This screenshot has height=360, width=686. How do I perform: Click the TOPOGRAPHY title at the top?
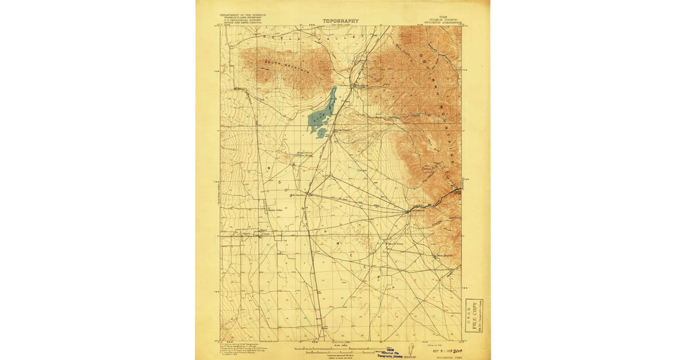pos(341,21)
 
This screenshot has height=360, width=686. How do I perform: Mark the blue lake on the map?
pos(320,114)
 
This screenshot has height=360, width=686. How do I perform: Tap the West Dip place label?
pos(444,255)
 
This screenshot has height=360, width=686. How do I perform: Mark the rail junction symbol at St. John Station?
pos(308,194)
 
